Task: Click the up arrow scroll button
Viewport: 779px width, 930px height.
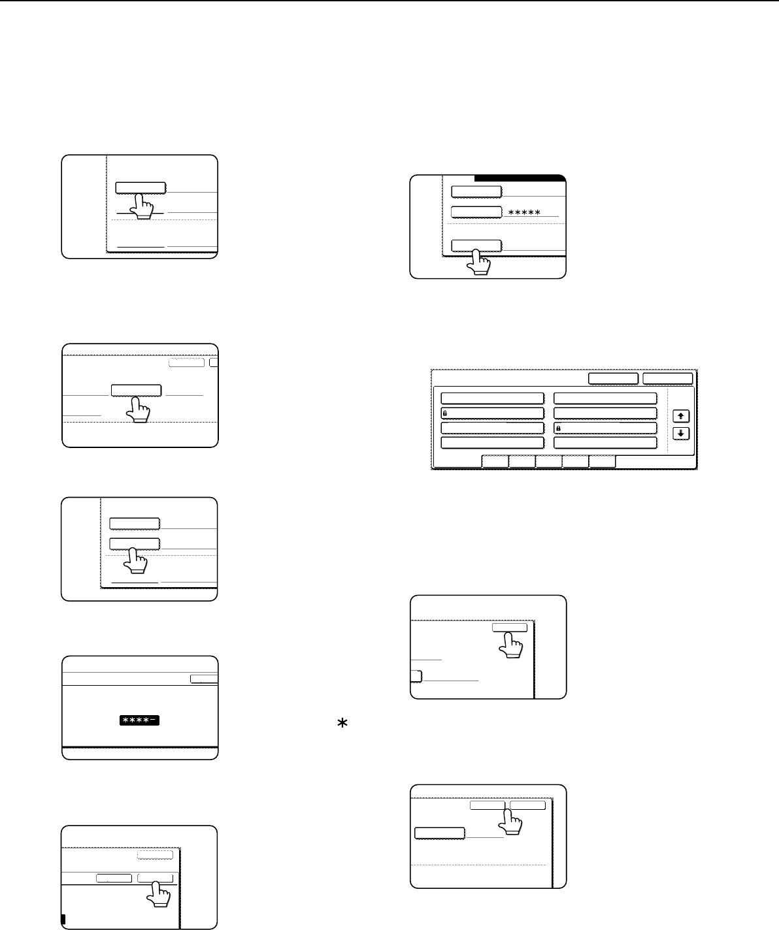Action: tap(680, 416)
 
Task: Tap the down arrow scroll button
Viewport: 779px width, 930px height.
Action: tap(680, 434)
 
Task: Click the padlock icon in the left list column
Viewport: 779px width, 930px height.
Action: tap(444, 413)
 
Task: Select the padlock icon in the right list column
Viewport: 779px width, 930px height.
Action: tap(558, 428)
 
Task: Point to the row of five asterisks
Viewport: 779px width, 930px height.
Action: tap(524, 212)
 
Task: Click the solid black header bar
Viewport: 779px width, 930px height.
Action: tap(520, 178)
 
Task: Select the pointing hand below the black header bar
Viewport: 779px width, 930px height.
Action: tap(478, 262)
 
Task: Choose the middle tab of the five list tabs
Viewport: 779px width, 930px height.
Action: tap(548, 462)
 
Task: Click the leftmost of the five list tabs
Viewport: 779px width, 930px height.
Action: tap(495, 462)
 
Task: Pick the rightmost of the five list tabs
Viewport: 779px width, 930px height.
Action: tap(602, 462)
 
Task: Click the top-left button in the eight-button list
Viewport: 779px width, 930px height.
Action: tap(493, 398)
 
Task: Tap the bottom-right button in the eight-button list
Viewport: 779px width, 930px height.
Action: tap(605, 443)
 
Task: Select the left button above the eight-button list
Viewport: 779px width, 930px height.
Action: tap(613, 379)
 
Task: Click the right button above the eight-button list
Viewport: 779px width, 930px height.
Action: tap(668, 379)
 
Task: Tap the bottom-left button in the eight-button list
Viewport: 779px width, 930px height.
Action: tap(493, 443)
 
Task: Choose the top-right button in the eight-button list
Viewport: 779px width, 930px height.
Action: tap(605, 398)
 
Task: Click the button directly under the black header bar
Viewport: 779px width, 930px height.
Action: tap(476, 191)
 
